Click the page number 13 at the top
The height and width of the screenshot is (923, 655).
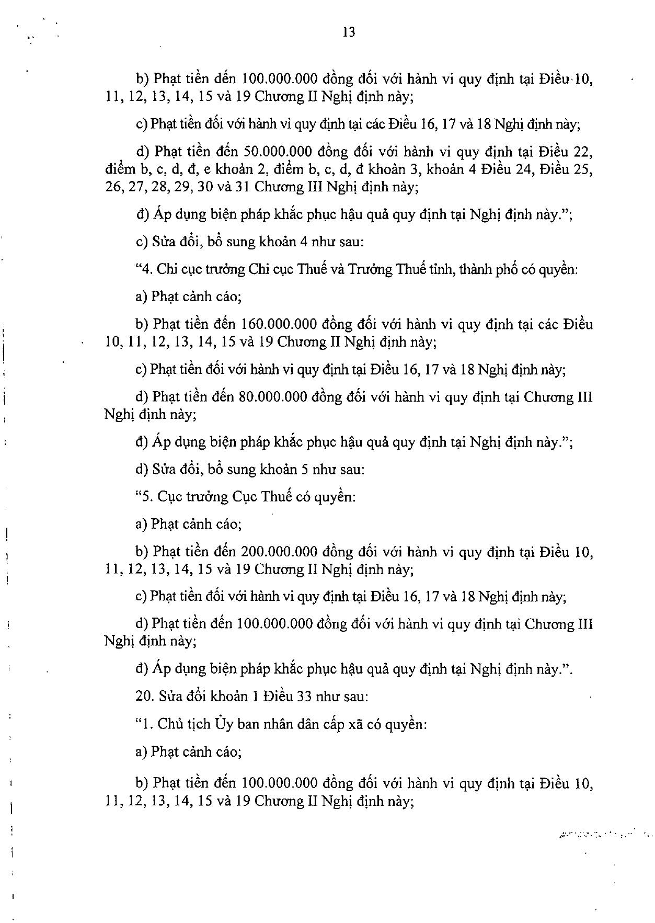coord(349,32)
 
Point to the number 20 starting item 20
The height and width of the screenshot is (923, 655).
coord(143,697)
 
